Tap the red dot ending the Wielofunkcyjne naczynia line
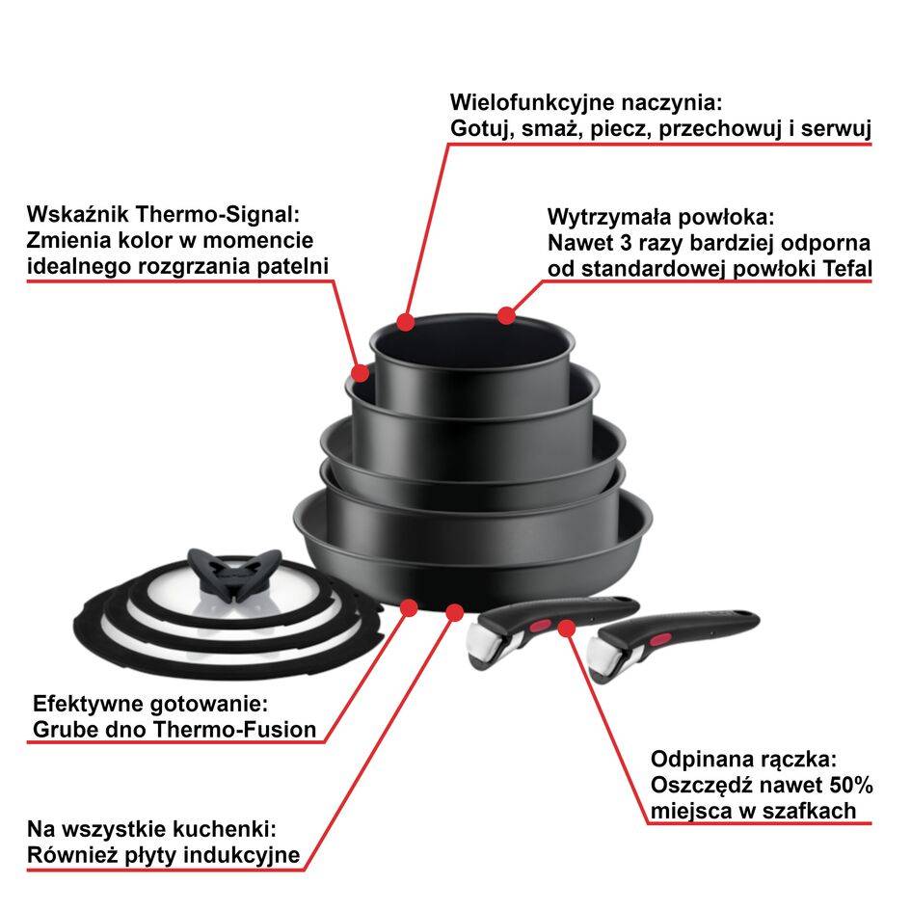(x=406, y=320)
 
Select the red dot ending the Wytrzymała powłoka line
(x=507, y=315)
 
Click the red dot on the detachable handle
(x=566, y=629)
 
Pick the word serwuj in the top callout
(x=841, y=128)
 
